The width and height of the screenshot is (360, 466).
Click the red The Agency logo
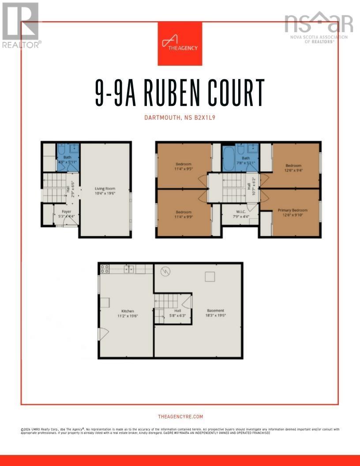pos(180,43)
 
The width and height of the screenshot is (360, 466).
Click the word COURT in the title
pos(238,93)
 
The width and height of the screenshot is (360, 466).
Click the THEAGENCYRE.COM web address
pos(180,417)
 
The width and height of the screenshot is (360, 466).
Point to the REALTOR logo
pos(21,25)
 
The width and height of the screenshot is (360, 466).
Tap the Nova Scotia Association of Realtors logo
pos(319,26)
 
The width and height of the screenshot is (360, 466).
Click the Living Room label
pos(104,188)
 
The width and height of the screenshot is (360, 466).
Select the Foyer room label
pos(66,212)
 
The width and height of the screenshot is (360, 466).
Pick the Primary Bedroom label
pos(292,210)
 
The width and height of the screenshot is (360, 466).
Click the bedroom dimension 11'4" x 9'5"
pos(183,169)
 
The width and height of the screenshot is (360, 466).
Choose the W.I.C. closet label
pos(240,212)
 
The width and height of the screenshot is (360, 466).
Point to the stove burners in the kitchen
pos(105,268)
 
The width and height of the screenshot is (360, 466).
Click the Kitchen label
pos(127,311)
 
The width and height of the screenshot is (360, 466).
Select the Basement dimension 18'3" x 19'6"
pos(215,316)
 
